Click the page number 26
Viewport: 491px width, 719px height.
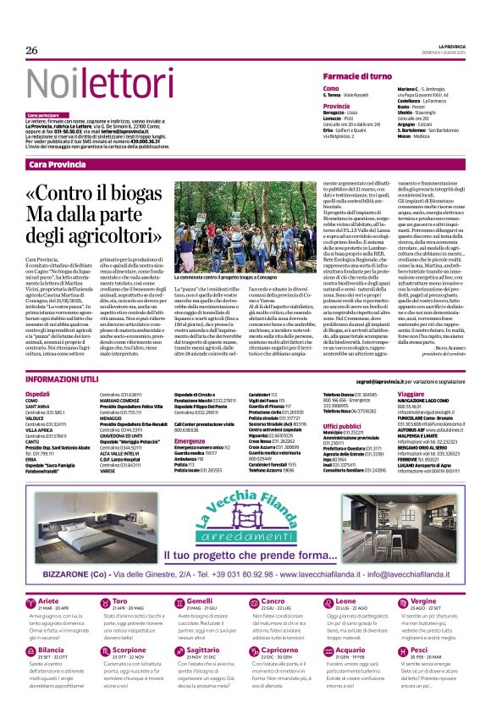(x=32, y=50)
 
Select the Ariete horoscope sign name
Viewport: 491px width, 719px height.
(x=50, y=578)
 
